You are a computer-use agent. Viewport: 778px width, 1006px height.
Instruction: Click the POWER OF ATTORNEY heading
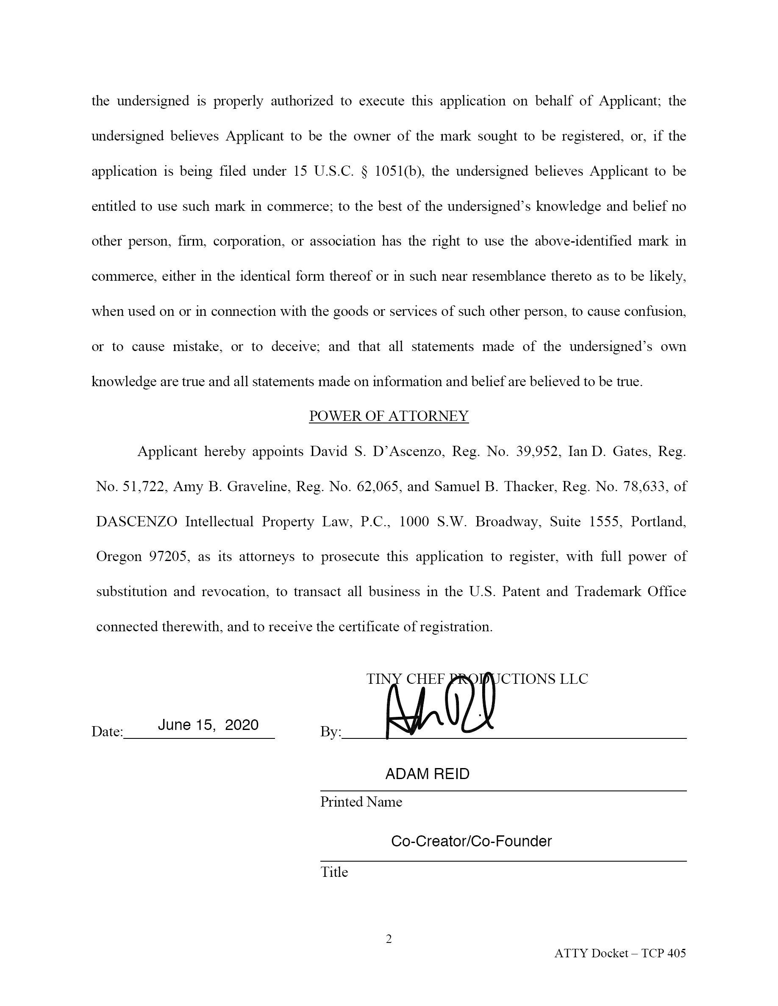(389, 416)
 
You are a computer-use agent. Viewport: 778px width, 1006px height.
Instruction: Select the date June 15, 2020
(208, 725)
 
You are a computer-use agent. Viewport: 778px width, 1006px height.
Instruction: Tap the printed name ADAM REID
(427, 774)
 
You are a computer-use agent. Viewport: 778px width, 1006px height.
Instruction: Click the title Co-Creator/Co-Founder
(471, 842)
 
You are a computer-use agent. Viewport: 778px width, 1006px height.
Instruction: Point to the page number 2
(389, 939)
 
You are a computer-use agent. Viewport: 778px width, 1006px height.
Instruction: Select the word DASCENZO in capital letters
(136, 522)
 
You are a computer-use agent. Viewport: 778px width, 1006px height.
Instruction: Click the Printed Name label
(361, 802)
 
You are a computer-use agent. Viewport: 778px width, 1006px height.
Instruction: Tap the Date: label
(107, 732)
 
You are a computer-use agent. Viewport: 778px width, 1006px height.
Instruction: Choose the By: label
(331, 732)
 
